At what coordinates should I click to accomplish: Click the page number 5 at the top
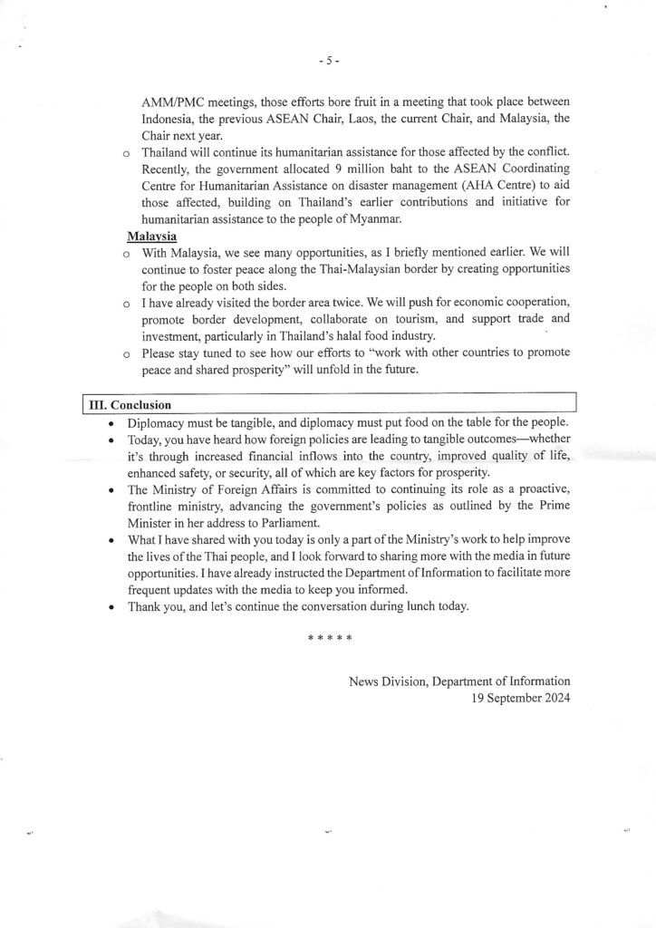point(328,61)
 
